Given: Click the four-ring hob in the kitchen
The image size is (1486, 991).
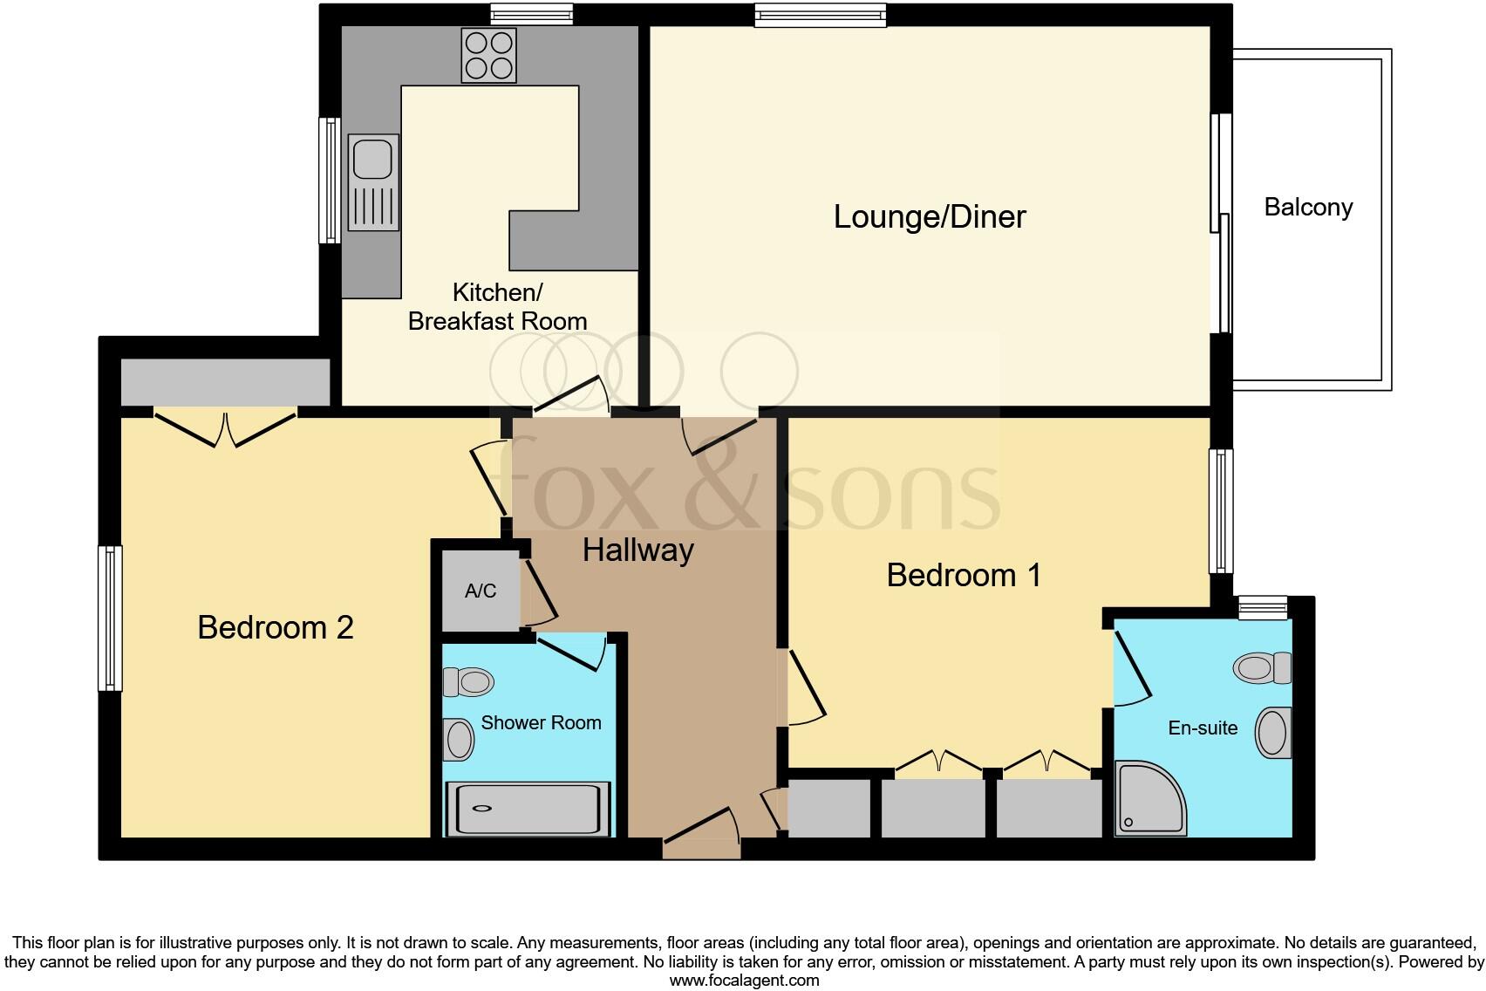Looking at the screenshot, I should point(488,55).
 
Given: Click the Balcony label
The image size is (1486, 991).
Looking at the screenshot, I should point(1308,208).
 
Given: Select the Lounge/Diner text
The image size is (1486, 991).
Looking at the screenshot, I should point(930,216).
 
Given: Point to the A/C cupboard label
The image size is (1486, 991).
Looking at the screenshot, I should point(481,591).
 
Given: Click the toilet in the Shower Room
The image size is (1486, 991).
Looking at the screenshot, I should point(468,681).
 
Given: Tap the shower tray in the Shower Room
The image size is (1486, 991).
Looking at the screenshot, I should point(528,809).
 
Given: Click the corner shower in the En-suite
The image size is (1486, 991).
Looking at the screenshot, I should point(1148,798).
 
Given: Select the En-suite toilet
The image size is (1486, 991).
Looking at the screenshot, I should point(1262,668).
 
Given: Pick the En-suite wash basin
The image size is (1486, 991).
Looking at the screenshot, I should point(1273,732).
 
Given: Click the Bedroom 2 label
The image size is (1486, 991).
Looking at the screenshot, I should point(276,627).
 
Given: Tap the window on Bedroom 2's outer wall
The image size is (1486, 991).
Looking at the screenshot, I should point(110,618).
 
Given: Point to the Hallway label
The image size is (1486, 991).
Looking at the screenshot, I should point(637,550).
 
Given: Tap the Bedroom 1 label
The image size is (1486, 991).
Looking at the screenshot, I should point(964,576).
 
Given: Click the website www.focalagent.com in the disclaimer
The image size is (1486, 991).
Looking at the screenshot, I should point(744,980).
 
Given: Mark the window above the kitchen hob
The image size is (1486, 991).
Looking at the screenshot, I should point(531,14).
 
